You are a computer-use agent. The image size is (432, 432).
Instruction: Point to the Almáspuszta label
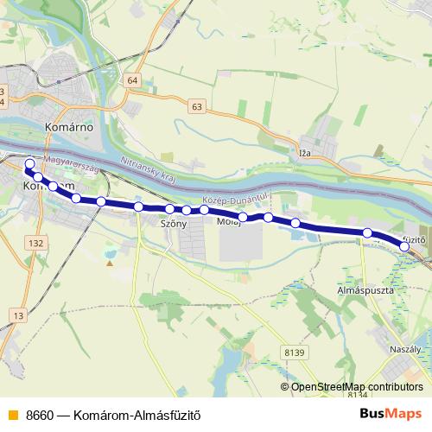[x=365, y=291]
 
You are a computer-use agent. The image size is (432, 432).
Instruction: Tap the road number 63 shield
[x=198, y=106]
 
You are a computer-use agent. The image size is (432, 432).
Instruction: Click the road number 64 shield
[x=131, y=80]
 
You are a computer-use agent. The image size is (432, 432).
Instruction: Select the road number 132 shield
[x=35, y=244]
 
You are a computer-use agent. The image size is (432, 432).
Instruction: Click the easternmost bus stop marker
[x=404, y=247]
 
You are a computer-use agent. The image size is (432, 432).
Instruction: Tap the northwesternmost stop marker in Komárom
[x=30, y=163]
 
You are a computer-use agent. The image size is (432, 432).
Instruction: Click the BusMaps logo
[x=385, y=413]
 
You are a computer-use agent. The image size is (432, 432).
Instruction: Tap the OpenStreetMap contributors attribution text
[x=356, y=386]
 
